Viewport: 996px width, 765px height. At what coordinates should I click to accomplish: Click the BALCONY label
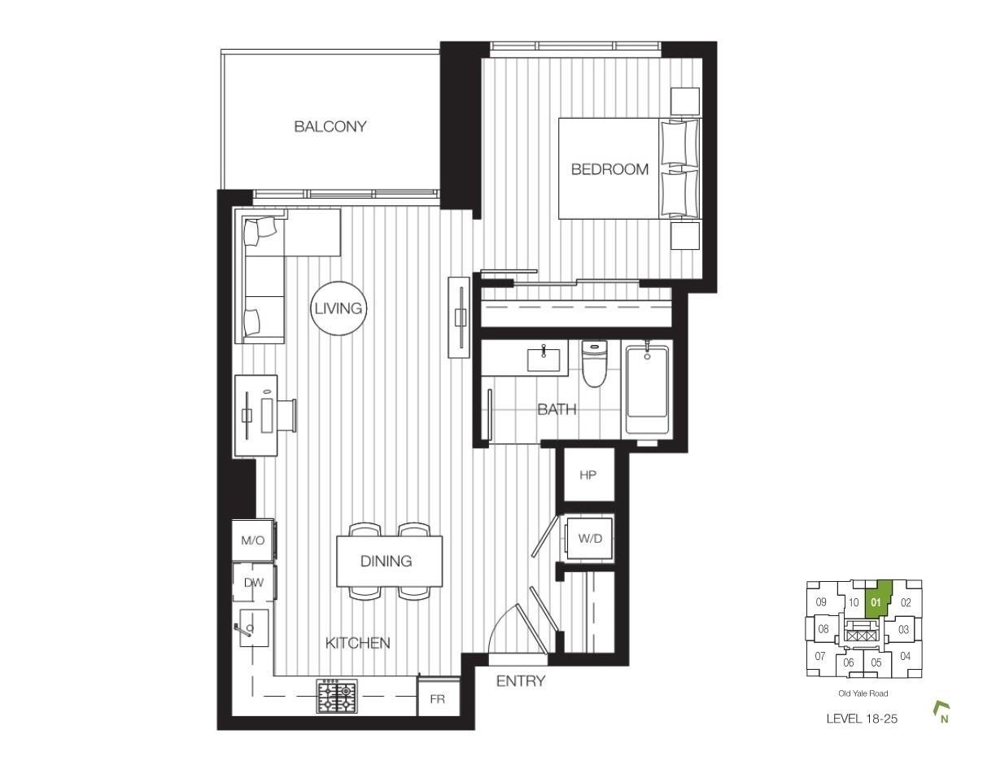[x=330, y=126]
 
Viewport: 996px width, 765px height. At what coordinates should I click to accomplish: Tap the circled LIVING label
[x=339, y=308]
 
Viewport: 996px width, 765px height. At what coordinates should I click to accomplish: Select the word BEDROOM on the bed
[x=609, y=169]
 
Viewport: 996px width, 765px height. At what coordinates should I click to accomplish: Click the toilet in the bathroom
[x=595, y=364]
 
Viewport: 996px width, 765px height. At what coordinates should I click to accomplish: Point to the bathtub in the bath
[x=647, y=387]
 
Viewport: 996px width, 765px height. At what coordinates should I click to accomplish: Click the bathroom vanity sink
[x=544, y=360]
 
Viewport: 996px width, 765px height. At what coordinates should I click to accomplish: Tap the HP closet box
[x=588, y=474]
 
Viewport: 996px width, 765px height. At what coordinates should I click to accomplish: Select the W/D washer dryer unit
[x=589, y=539]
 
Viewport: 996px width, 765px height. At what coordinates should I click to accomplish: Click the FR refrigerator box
[x=438, y=698]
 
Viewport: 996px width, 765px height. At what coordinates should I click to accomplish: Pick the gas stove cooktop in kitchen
[x=336, y=696]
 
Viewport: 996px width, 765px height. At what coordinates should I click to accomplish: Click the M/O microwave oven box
[x=253, y=540]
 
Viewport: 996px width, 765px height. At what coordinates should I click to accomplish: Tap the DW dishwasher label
[x=253, y=583]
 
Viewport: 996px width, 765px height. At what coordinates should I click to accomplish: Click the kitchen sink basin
[x=253, y=627]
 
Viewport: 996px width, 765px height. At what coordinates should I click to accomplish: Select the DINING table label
[x=386, y=561]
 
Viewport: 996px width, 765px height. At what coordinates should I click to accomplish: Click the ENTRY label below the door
[x=521, y=681]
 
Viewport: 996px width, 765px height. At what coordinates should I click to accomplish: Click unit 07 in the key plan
[x=820, y=657]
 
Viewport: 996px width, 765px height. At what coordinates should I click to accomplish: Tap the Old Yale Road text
[x=863, y=693]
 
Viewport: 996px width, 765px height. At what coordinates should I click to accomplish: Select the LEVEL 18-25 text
[x=862, y=719]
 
